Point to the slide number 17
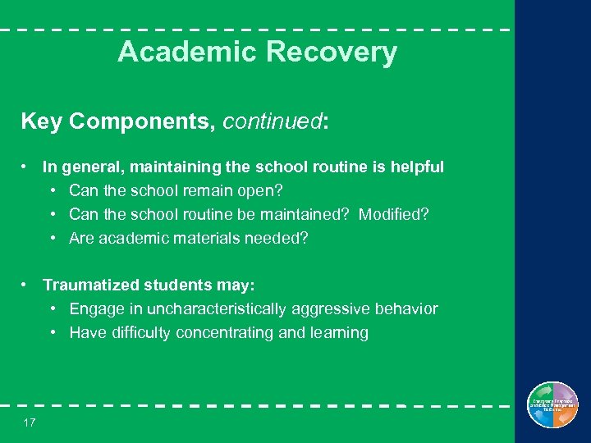coord(30,422)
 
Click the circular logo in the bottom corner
coord(552,405)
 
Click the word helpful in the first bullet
coord(416,167)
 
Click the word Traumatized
coord(91,285)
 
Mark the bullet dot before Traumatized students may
coord(27,285)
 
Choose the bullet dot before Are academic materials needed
coord(53,238)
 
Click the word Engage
coord(94,309)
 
